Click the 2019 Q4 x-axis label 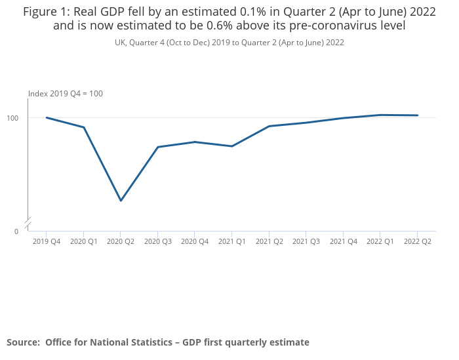(47, 241)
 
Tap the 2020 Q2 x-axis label (121, 241)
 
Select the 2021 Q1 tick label (232, 241)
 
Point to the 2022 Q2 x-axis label (418, 241)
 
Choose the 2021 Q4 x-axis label (344, 241)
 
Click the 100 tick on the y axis (13, 118)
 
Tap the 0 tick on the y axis (16, 231)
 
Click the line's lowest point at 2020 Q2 (121, 201)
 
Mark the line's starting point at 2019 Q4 (47, 117)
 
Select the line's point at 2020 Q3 (158, 147)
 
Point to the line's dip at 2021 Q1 (232, 146)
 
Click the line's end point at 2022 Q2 (418, 115)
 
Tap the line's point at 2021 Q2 (269, 126)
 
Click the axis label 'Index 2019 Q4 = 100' (66, 94)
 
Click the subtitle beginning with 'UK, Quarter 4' (229, 43)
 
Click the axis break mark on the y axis (28, 224)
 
